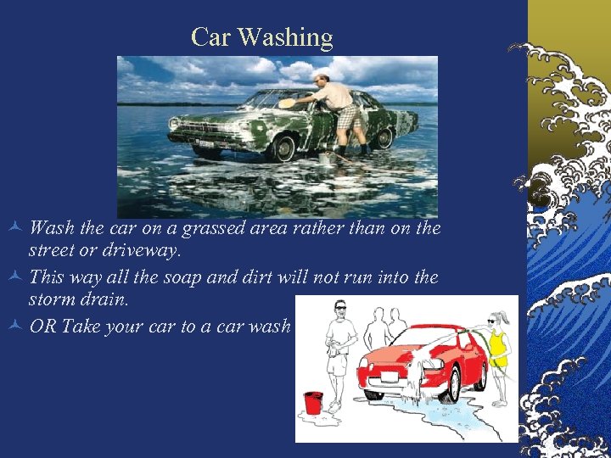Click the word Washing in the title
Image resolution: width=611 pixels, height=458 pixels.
(x=285, y=37)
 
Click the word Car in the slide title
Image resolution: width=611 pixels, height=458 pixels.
(x=212, y=37)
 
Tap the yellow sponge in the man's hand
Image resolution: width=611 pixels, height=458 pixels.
(x=288, y=103)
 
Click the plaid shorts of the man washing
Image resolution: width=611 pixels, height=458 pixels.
(x=350, y=117)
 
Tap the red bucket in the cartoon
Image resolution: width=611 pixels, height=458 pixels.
(x=313, y=403)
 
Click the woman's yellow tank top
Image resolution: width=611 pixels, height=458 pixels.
(x=497, y=343)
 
